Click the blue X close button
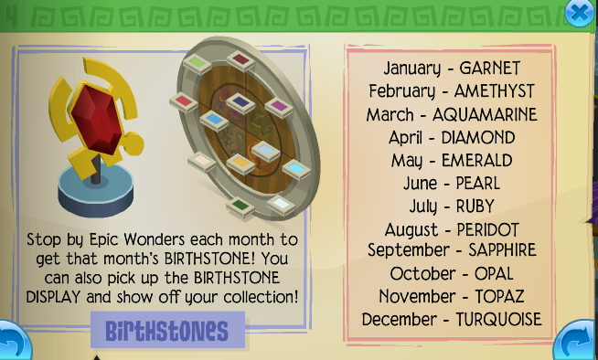[x=577, y=13]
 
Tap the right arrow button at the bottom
[x=574, y=342]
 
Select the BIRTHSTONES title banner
[x=168, y=330]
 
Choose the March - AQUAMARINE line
[x=452, y=114]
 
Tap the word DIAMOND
[x=476, y=137]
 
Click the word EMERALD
[x=476, y=160]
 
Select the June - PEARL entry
[x=451, y=183]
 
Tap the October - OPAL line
[x=451, y=273]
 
